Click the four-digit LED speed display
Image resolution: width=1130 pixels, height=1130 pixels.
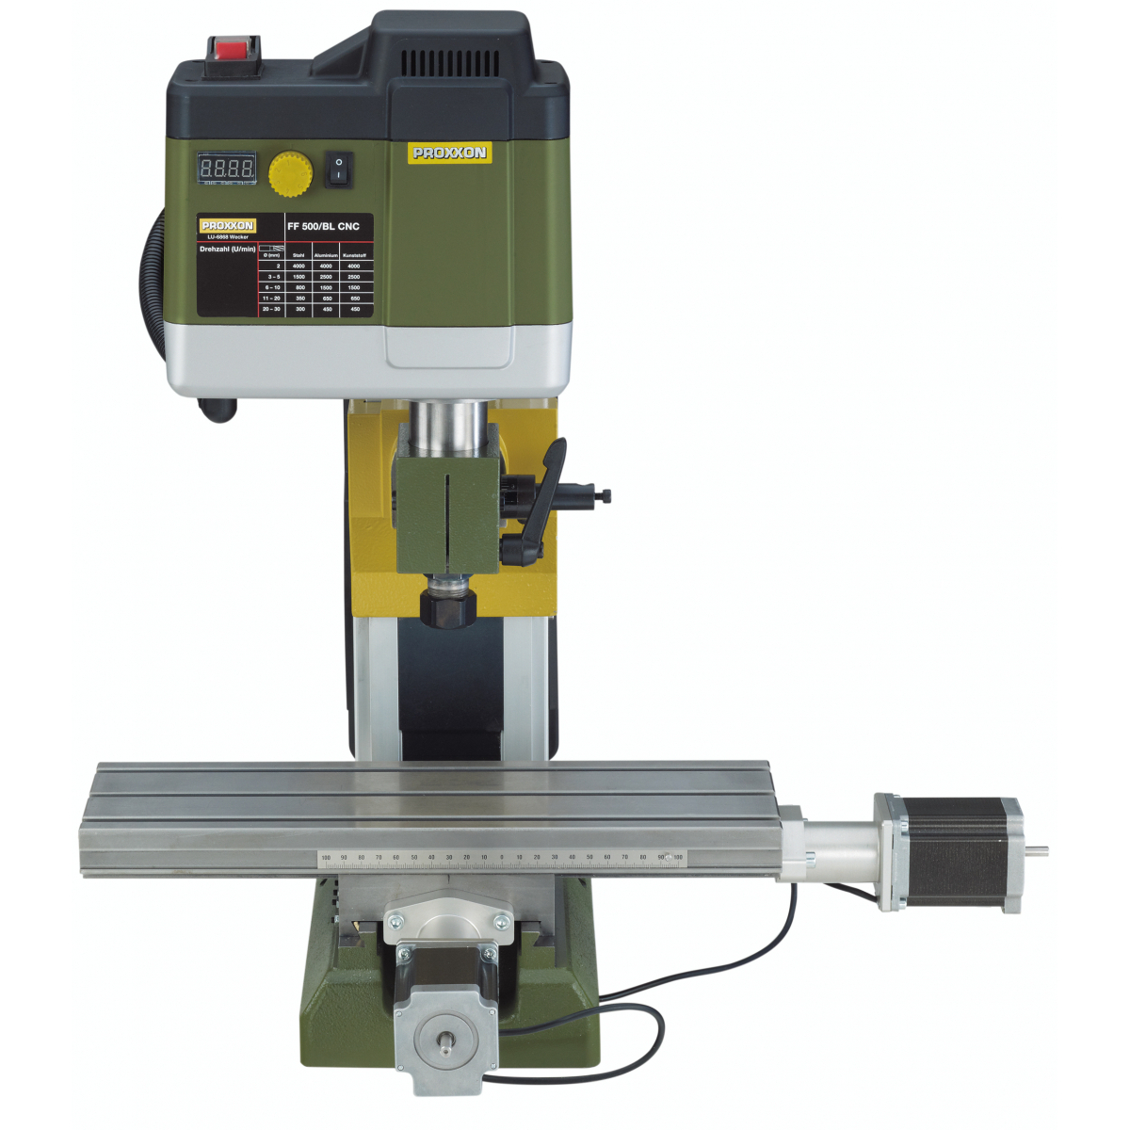(227, 169)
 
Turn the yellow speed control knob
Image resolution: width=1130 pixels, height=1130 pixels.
(290, 174)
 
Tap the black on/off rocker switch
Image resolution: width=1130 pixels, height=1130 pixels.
(339, 169)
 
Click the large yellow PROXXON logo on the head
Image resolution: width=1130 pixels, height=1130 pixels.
(449, 153)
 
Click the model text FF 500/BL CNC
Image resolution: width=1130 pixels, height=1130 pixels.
(323, 226)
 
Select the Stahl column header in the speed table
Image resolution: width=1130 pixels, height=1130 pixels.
(299, 255)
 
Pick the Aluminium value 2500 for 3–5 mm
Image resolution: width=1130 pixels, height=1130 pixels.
(326, 277)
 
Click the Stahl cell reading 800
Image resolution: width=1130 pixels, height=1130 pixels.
(299, 287)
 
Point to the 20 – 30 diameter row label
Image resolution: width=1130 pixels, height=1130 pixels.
(271, 309)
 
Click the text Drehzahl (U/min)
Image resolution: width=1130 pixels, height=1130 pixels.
(227, 250)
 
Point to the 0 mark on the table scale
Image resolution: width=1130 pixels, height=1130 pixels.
(501, 858)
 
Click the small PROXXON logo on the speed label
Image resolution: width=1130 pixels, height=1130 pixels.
(227, 226)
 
